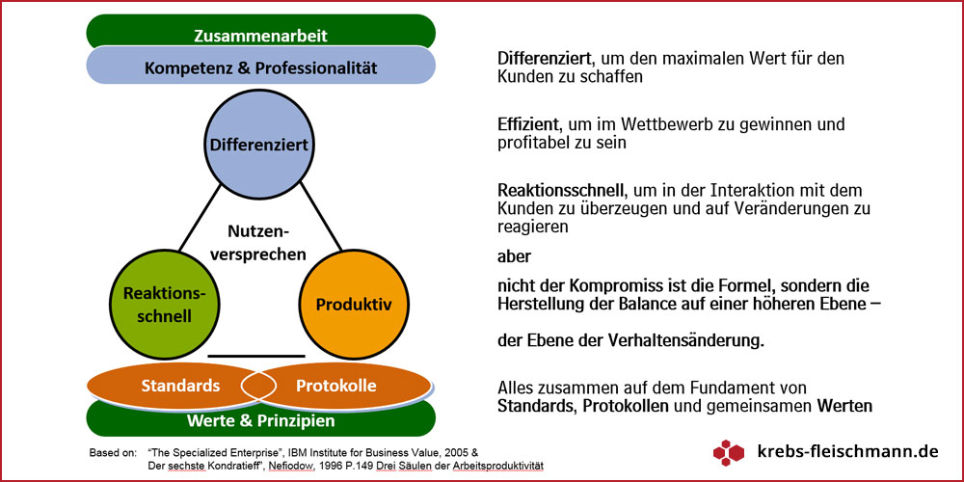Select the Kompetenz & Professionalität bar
point(260,66)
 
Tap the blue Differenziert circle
point(259,145)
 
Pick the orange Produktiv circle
point(354,305)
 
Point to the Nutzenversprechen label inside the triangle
point(258,243)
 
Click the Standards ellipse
point(179,387)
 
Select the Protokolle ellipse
point(335,387)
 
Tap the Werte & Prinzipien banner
point(260,420)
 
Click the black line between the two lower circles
point(256,356)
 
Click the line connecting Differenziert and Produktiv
point(320,218)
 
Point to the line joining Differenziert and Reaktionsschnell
point(201,218)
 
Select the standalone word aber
point(514,256)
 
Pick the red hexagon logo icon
point(729,452)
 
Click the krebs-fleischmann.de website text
point(848,452)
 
